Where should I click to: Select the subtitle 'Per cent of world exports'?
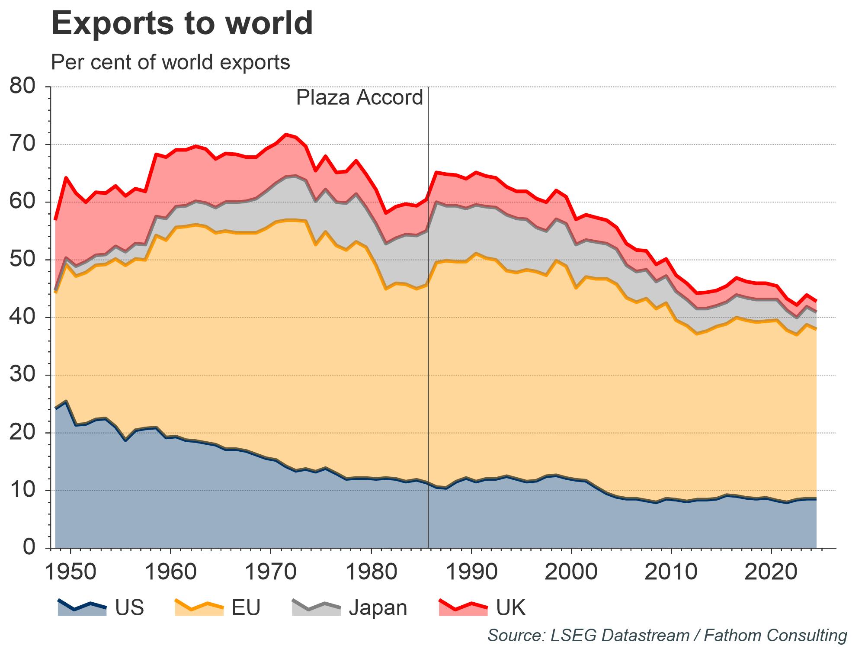pos(170,62)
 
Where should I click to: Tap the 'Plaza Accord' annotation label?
pos(359,98)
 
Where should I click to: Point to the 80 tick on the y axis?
pos(22,87)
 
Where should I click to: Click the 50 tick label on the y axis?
pos(22,260)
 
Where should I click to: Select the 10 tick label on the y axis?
pos(22,490)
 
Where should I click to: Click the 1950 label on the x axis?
pos(70,572)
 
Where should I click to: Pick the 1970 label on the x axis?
pos(271,572)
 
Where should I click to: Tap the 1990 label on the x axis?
pos(471,572)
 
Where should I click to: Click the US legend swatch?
pos(82,607)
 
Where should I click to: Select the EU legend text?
pos(246,607)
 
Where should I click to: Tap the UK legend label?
pos(511,607)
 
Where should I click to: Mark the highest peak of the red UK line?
pos(286,134)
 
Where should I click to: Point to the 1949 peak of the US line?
pos(65,401)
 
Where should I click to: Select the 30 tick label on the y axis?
pos(22,375)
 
